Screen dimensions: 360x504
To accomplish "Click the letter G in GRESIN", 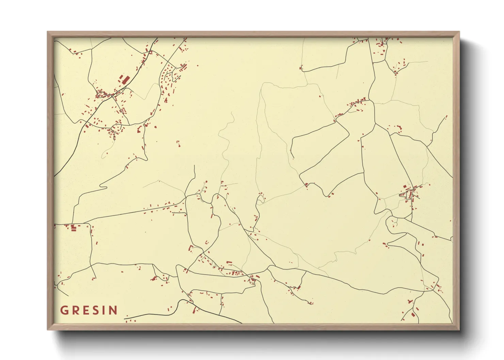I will click(x=64, y=310).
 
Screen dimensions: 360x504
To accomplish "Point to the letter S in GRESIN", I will click(x=96, y=310).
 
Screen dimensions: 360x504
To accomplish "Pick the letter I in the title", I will click(x=104, y=310).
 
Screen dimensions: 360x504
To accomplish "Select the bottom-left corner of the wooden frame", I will click(x=48, y=329).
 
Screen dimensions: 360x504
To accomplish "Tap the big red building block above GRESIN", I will click(x=73, y=228).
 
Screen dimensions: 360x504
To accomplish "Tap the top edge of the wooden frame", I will click(x=253, y=34).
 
